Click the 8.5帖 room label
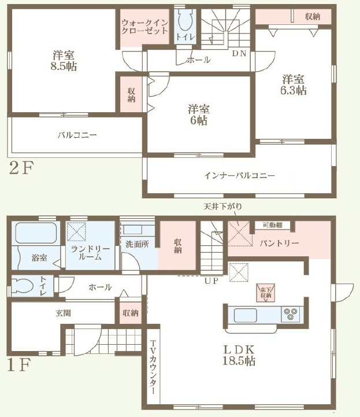[x=64, y=61]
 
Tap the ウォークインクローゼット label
[x=144, y=27]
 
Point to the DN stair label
[x=239, y=53]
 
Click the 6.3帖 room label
[x=294, y=85]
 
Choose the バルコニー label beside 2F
[x=77, y=135]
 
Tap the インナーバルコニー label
[x=239, y=175]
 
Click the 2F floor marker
[x=21, y=168]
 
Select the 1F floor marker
[x=19, y=365]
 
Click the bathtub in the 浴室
[x=36, y=233]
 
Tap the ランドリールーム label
[x=90, y=253]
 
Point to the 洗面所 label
[x=137, y=244]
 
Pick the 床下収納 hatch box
[x=265, y=293]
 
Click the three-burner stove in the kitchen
[x=291, y=314]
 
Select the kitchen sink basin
[x=245, y=315]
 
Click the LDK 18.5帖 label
[x=239, y=355]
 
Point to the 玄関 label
[x=63, y=313]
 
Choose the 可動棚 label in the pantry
[x=272, y=225]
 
